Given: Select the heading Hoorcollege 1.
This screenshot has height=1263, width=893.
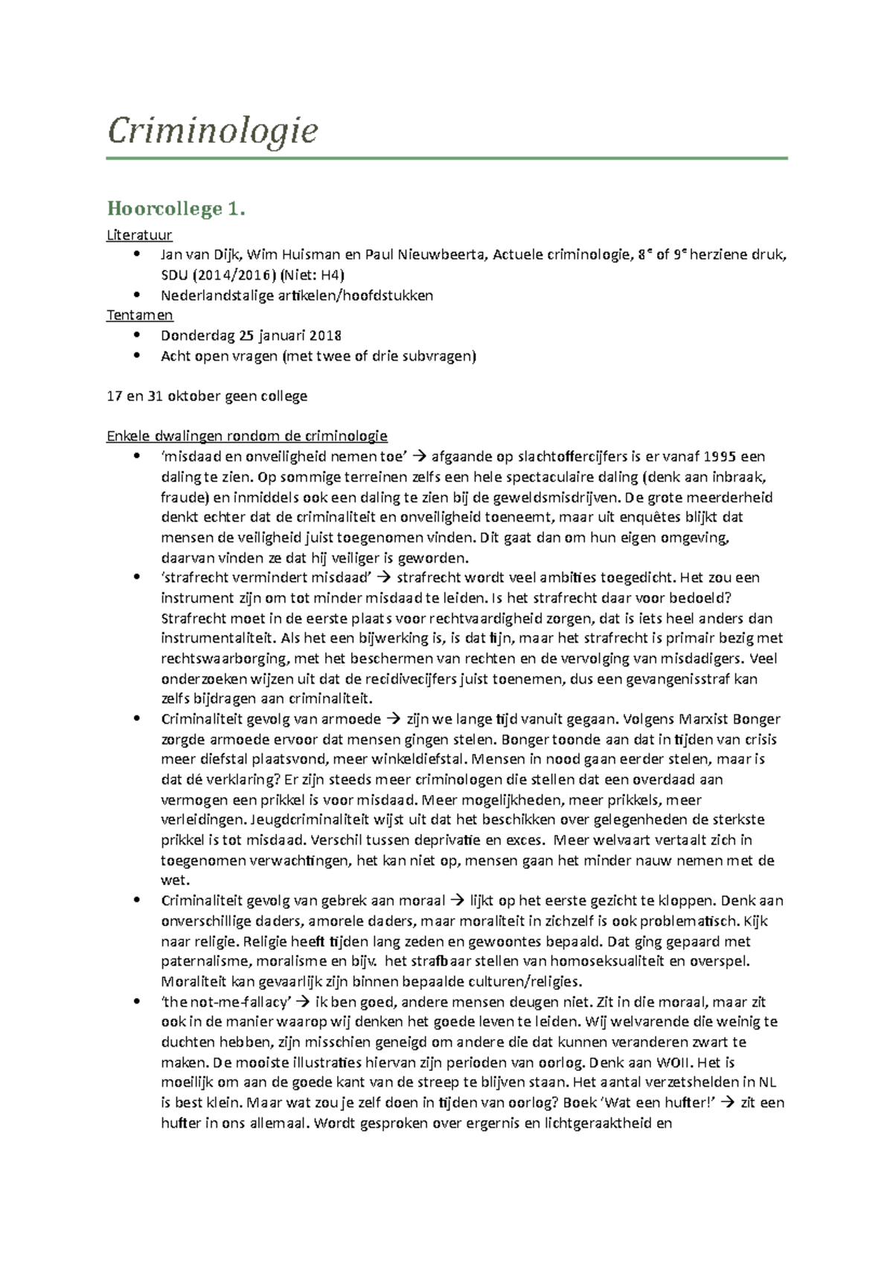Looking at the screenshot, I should coord(176,209).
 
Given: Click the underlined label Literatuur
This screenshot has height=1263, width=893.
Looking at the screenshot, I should coord(139,235).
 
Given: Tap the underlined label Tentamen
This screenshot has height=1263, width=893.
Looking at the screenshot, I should coord(140,315).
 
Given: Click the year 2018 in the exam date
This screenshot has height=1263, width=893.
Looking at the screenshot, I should coord(325,335).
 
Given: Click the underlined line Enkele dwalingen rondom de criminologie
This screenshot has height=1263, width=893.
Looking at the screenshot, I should coord(247,436).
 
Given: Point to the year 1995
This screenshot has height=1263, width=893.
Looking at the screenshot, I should coord(720,457).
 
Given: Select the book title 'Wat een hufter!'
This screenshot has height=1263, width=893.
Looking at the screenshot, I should coord(656,1102).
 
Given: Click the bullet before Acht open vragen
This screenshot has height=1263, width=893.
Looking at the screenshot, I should coord(136,356).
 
